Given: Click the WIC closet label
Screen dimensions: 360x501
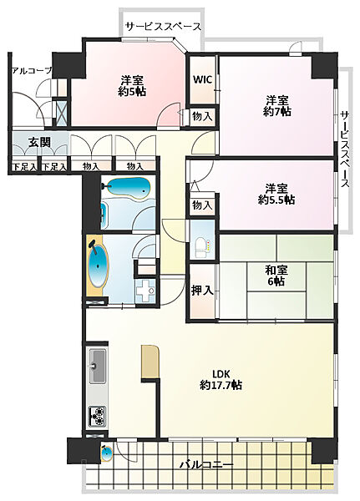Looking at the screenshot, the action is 203,79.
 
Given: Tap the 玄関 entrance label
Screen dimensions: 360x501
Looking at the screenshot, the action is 39,142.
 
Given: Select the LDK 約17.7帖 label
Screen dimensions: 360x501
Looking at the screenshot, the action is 221,379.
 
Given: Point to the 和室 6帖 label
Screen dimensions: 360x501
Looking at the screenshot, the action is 276,276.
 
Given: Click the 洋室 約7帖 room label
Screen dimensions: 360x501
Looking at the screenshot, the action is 277,106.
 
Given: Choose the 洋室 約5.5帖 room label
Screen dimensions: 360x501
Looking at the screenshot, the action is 276,194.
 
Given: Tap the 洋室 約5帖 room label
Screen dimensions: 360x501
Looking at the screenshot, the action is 132,86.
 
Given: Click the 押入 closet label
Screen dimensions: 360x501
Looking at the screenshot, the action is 202,290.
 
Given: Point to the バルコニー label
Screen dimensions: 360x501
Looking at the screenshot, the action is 206,464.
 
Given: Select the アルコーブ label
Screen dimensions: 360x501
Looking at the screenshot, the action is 32,71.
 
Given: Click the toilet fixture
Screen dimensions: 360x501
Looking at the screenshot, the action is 201,248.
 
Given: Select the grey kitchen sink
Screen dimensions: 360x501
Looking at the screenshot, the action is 97,367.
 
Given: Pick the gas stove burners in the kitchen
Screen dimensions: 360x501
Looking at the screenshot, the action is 98,417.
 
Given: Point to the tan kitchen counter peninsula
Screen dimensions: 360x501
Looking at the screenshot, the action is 150,362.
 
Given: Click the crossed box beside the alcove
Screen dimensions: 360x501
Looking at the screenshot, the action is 61,113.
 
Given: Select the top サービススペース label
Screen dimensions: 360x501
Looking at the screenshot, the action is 163,27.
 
